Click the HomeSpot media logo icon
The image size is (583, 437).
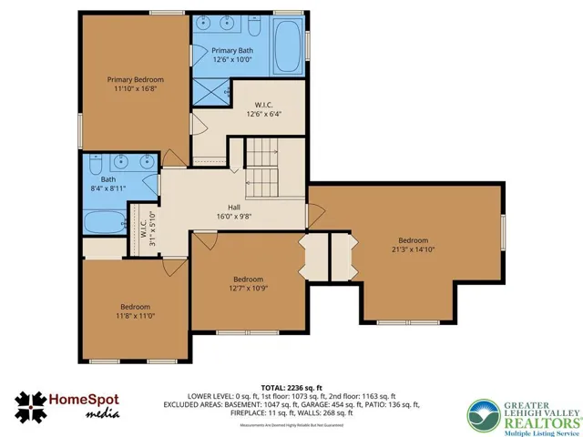[x=35, y=407]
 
